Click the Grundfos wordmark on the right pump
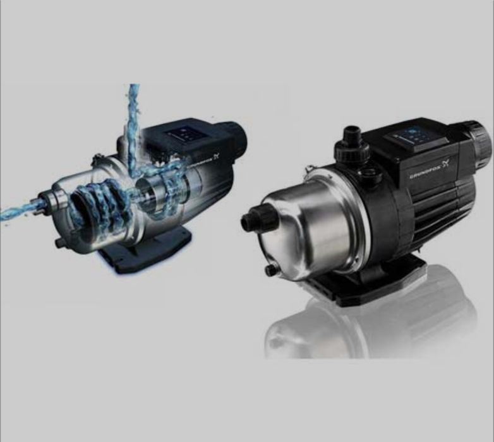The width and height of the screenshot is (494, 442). pyautogui.click(x=425, y=173)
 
